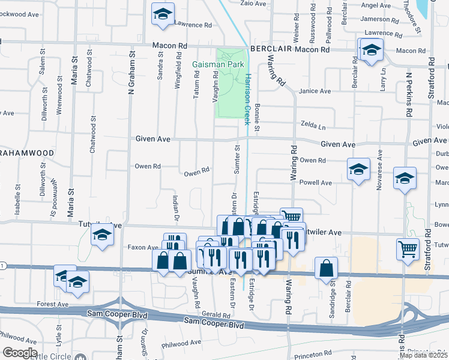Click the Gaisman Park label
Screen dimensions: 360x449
(x=214, y=64)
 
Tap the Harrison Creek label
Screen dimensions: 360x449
(x=247, y=98)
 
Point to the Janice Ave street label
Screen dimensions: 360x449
(x=315, y=91)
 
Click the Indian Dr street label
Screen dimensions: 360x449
(x=176, y=208)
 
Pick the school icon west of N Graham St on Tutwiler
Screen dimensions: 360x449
(x=103, y=236)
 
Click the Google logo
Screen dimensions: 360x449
(x=20, y=353)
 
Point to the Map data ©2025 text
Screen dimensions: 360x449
(x=423, y=355)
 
